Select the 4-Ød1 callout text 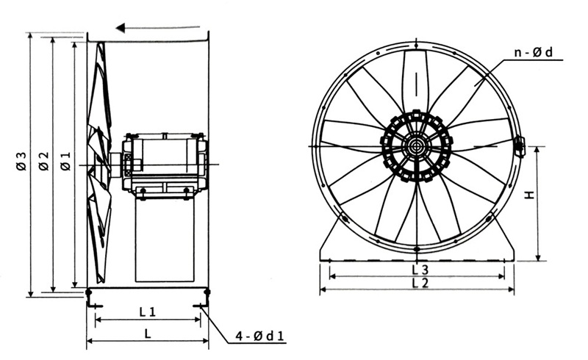tap(259, 337)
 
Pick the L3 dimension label tap(420, 270)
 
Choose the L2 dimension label tap(420, 283)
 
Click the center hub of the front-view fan tap(416, 146)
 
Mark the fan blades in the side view tap(99, 162)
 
